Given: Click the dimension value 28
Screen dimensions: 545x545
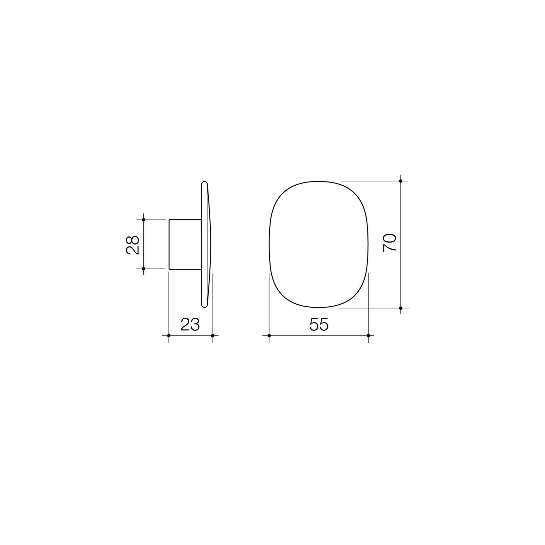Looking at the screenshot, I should click(133, 245).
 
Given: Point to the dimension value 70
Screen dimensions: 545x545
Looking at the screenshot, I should click(390, 242).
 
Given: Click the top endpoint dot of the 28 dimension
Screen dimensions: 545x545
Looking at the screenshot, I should click(144, 220).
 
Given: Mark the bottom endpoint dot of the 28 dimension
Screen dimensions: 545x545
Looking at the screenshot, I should click(144, 269).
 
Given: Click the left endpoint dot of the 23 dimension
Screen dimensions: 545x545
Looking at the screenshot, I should click(169, 335).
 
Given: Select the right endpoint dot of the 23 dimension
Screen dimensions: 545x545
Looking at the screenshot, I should click(213, 335).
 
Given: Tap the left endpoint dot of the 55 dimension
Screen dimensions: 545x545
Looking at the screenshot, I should click(269, 335).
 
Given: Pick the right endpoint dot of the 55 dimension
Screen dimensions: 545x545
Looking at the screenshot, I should click(368, 335).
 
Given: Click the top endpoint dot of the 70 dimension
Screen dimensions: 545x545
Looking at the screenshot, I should click(401, 181).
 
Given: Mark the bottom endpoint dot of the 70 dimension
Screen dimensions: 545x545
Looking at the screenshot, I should click(401, 308).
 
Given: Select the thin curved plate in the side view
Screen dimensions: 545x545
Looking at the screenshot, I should click(207, 244).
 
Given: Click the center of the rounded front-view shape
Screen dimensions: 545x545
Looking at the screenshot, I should click(319, 244).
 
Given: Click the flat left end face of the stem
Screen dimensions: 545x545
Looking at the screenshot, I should click(169, 245).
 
